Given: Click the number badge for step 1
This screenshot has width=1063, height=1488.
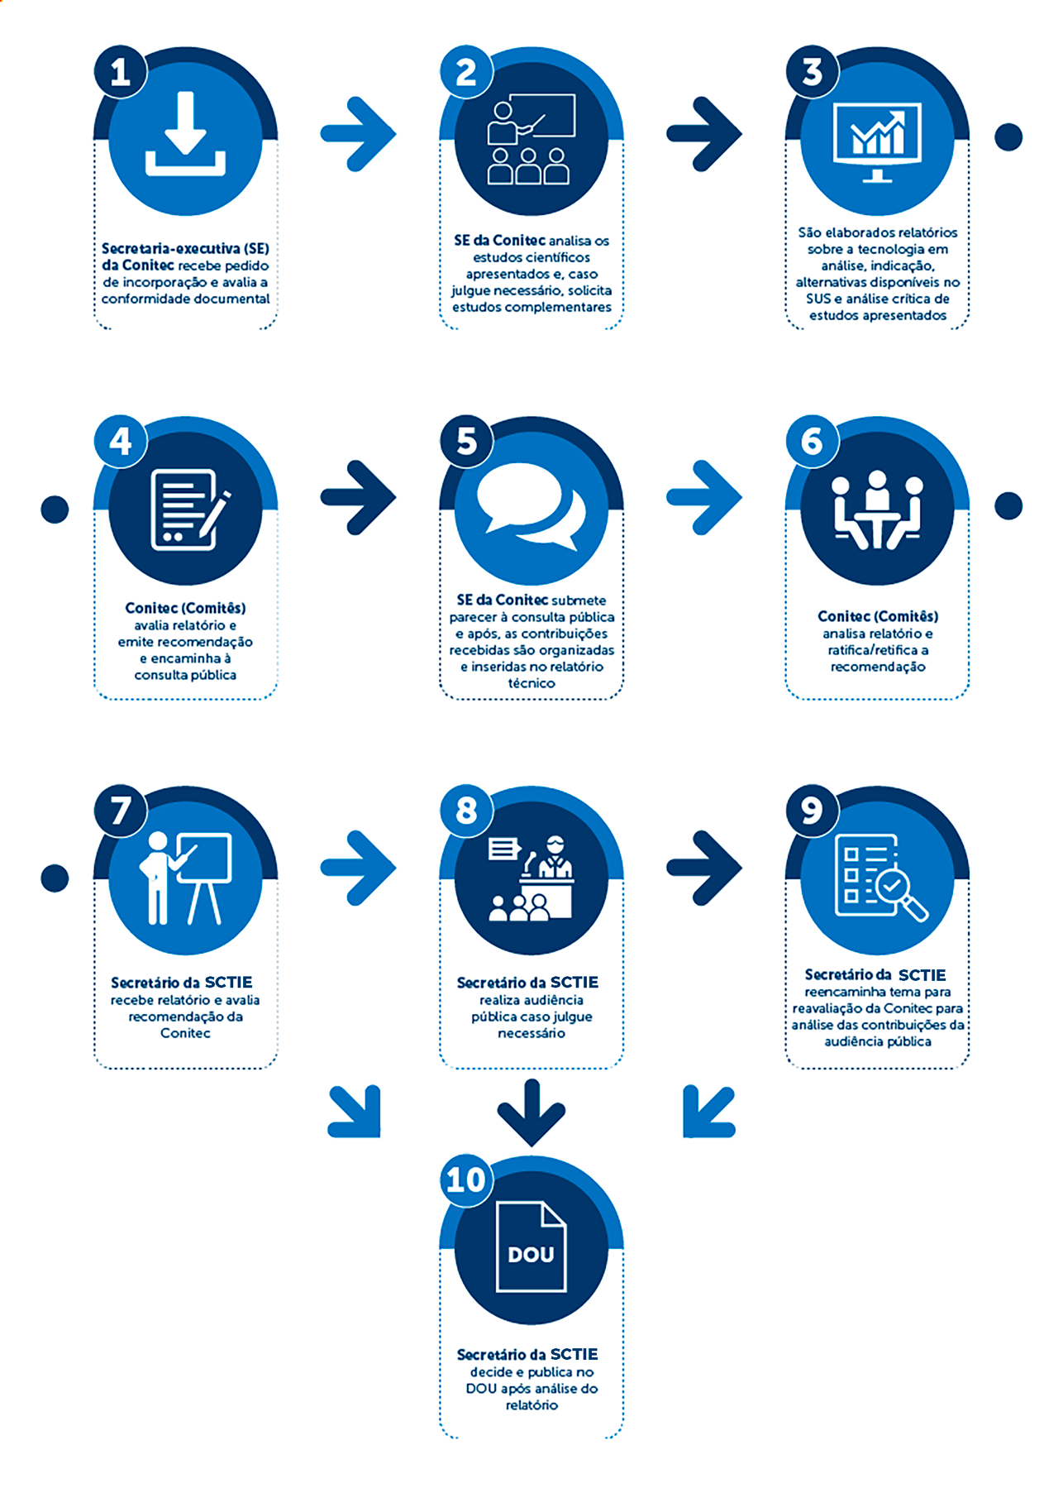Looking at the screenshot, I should tap(121, 73).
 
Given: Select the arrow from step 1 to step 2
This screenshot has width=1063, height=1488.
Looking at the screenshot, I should tap(359, 134).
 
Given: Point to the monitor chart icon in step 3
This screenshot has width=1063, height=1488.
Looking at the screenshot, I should tap(877, 141).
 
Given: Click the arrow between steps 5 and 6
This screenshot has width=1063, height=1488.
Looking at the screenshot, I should tap(704, 498).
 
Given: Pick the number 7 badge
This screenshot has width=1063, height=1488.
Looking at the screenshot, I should tap(121, 811).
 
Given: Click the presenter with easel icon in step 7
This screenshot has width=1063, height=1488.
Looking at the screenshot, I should tap(185, 878).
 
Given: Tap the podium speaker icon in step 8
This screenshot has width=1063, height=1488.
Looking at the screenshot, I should tap(532, 878).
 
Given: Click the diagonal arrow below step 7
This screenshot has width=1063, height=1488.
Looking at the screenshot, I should tap(356, 1112).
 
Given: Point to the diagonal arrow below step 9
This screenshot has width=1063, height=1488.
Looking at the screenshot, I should tap(708, 1112).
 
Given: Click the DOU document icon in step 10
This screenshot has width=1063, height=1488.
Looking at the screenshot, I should tap(531, 1246).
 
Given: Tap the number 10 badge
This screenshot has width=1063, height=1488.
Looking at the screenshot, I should tap(465, 1179).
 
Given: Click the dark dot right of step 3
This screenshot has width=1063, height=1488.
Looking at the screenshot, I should tap(1008, 137).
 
